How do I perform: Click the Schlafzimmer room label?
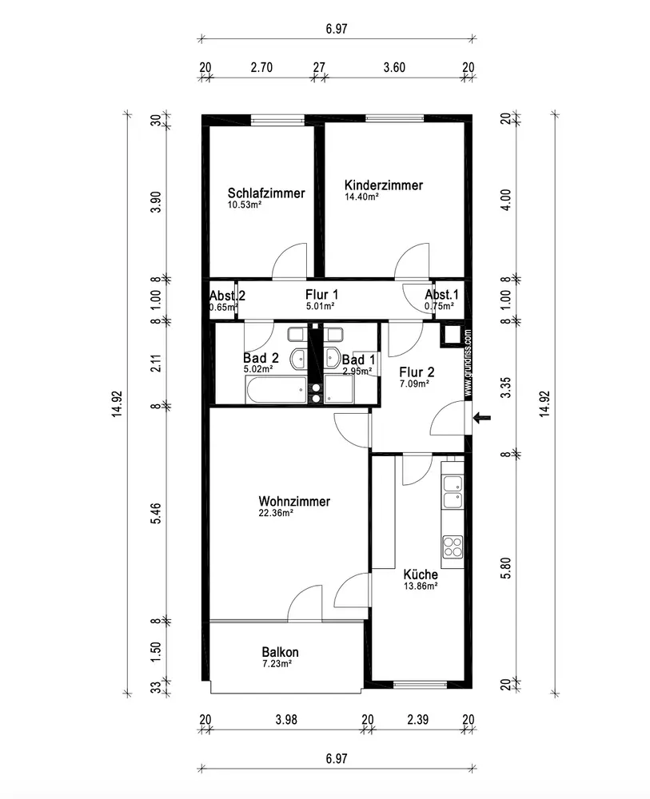point(266,193)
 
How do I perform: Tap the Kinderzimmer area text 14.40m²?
point(362,197)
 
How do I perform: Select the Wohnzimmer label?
point(294,501)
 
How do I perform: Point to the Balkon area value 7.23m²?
point(277,663)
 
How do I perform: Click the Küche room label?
point(421,574)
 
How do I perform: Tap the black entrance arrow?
point(482,418)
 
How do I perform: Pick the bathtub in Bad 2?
point(277,390)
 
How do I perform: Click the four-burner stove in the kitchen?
point(453,547)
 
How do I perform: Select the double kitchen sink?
point(453,491)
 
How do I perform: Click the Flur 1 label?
point(321,295)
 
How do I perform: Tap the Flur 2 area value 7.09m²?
point(414,384)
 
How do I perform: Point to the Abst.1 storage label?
point(441,295)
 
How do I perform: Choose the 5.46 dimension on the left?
point(156,513)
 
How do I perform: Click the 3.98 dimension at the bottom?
point(286,720)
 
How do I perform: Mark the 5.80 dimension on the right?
point(505,567)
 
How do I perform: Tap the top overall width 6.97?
point(337,29)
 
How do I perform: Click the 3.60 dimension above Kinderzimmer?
point(394,67)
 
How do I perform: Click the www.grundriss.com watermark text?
point(468,362)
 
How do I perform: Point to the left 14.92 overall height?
point(117,403)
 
